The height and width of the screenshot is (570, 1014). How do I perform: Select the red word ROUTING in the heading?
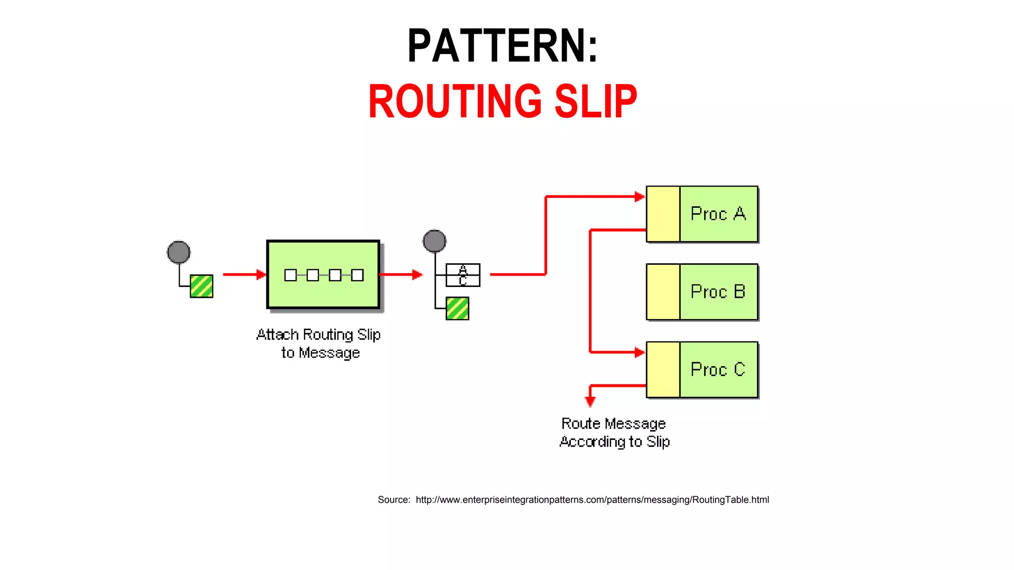click(455, 101)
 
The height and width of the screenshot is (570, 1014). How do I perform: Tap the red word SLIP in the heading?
click(596, 101)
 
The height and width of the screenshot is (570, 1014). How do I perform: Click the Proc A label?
click(718, 214)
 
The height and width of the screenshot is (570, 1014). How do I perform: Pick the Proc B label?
click(718, 292)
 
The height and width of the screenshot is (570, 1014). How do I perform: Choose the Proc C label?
click(718, 370)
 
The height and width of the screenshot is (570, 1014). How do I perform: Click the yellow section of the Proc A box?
click(663, 214)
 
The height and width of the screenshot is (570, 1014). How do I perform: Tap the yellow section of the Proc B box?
click(663, 292)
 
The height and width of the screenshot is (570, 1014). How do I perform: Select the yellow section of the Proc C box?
click(663, 370)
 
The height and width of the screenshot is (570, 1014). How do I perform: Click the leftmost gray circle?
click(179, 252)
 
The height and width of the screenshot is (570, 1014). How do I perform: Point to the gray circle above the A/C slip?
click(434, 241)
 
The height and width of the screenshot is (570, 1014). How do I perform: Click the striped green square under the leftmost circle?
click(202, 286)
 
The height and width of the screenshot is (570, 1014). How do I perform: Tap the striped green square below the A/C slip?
click(457, 308)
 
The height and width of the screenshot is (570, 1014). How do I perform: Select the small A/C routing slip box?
click(463, 275)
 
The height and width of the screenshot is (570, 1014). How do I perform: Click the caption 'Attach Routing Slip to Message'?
click(319, 343)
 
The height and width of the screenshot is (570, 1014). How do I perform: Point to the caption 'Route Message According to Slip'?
click(614, 432)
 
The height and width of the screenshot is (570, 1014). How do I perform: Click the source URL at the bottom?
click(592, 500)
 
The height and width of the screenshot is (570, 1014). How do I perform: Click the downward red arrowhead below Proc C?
click(590, 401)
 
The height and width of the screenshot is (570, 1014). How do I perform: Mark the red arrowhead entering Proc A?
click(640, 197)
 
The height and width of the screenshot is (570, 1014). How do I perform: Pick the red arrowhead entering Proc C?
click(640, 352)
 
